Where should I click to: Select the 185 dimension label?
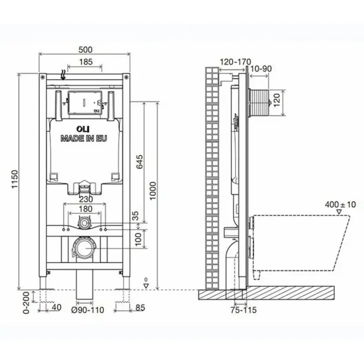(x=85, y=62)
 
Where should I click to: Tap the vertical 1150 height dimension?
(x=14, y=180)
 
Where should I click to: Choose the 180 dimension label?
(x=85, y=209)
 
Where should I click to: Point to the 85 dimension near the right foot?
(x=140, y=308)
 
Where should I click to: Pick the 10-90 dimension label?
(x=260, y=68)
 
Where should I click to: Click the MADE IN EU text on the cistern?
(x=84, y=139)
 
